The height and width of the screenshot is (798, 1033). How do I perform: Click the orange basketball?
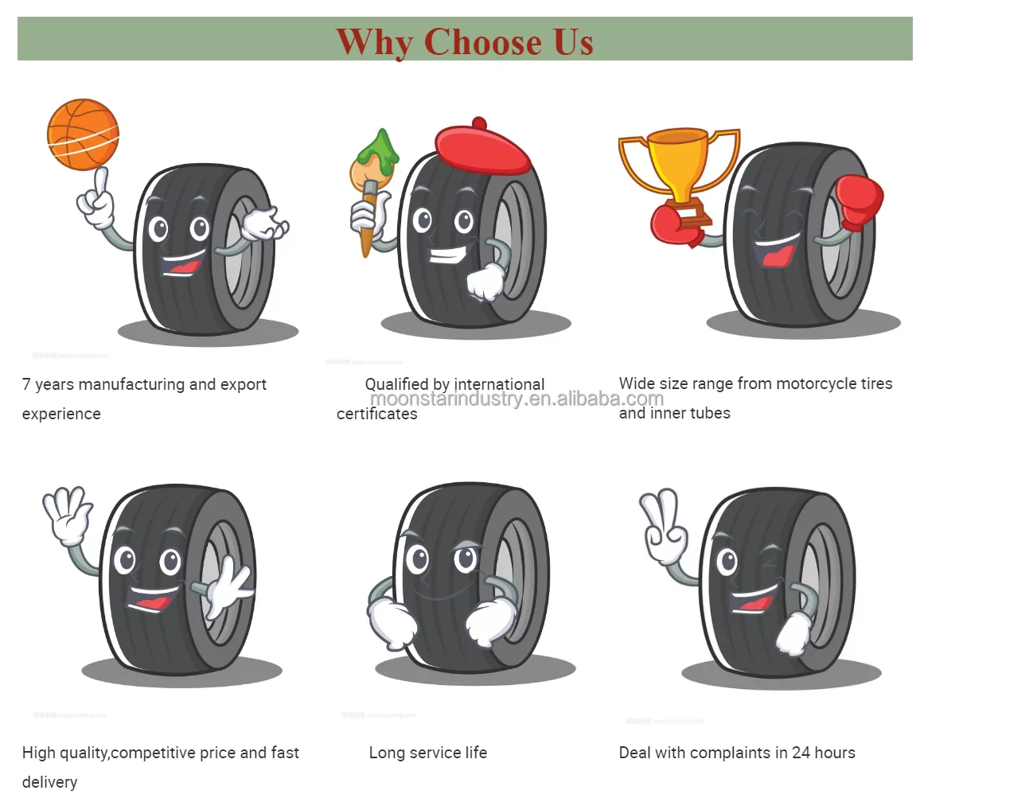pos(83,134)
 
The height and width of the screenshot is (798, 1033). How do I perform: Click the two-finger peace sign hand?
pos(664,524)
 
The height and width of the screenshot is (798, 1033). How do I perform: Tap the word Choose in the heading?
pos(482,42)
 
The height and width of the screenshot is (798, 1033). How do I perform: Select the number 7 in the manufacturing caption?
pos(26,384)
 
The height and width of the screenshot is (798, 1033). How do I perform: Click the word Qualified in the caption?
pos(396,384)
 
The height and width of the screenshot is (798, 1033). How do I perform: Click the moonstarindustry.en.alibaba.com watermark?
pos(516,399)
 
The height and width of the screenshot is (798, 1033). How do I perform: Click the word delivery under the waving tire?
pos(49,782)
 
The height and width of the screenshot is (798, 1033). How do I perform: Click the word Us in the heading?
pos(573,42)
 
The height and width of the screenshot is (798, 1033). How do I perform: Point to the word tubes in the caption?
pos(709,413)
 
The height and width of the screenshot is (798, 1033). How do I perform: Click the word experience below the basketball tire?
pos(61,414)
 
